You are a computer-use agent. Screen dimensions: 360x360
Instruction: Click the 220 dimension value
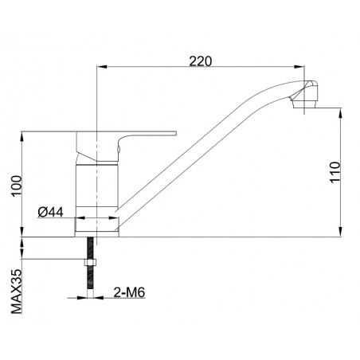click(201, 61)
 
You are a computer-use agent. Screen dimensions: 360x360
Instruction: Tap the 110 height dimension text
click(335, 172)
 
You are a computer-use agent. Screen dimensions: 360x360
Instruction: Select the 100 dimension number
click(17, 186)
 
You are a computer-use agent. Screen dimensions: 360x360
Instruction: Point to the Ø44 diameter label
click(50, 212)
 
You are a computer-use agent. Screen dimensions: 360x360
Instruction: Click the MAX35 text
click(17, 292)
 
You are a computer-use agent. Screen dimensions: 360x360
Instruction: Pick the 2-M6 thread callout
click(129, 292)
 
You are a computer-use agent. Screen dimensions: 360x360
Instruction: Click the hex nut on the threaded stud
click(90, 262)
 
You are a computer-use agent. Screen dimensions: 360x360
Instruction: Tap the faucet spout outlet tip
click(304, 104)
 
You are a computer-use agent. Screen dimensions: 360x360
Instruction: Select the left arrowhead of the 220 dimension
click(101, 66)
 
